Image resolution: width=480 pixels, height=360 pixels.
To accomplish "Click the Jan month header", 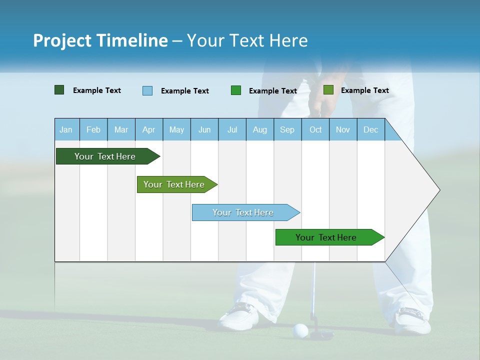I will coord(66,129).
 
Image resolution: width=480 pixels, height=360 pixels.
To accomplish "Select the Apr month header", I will coord(149,129).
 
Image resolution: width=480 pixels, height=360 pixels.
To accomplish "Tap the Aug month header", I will coord(259,129).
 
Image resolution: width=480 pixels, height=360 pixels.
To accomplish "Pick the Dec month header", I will coord(370,129).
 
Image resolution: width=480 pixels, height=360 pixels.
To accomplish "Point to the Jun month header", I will coord(204,129).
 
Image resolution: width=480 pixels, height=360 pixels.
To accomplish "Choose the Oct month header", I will coord(315,129).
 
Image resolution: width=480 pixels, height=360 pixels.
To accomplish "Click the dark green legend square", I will coord(59,90).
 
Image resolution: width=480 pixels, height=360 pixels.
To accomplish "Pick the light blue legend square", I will coord(147,90).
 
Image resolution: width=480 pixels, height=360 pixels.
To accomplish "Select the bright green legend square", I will coord(236,90).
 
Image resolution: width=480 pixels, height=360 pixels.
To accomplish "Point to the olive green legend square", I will coord(328,90).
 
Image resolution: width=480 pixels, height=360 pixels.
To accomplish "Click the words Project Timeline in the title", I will coord(100,40).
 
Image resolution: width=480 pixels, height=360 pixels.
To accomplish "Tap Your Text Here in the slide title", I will coord(247,40).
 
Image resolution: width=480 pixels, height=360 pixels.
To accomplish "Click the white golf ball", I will coord(300,330).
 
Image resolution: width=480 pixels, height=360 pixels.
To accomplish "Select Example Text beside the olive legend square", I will coord(364,90).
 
